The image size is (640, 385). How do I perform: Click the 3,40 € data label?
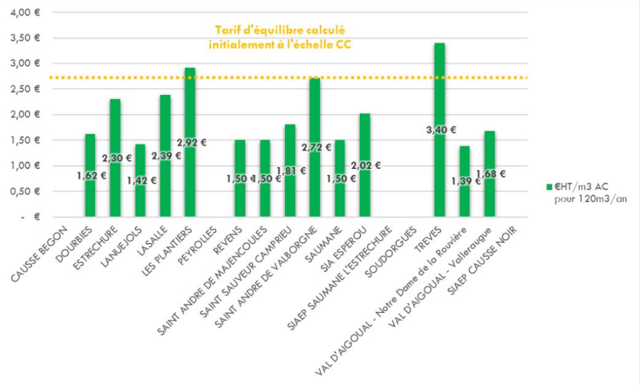pyautogui.click(x=441, y=130)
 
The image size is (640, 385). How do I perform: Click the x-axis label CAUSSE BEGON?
pyautogui.click(x=41, y=250)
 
